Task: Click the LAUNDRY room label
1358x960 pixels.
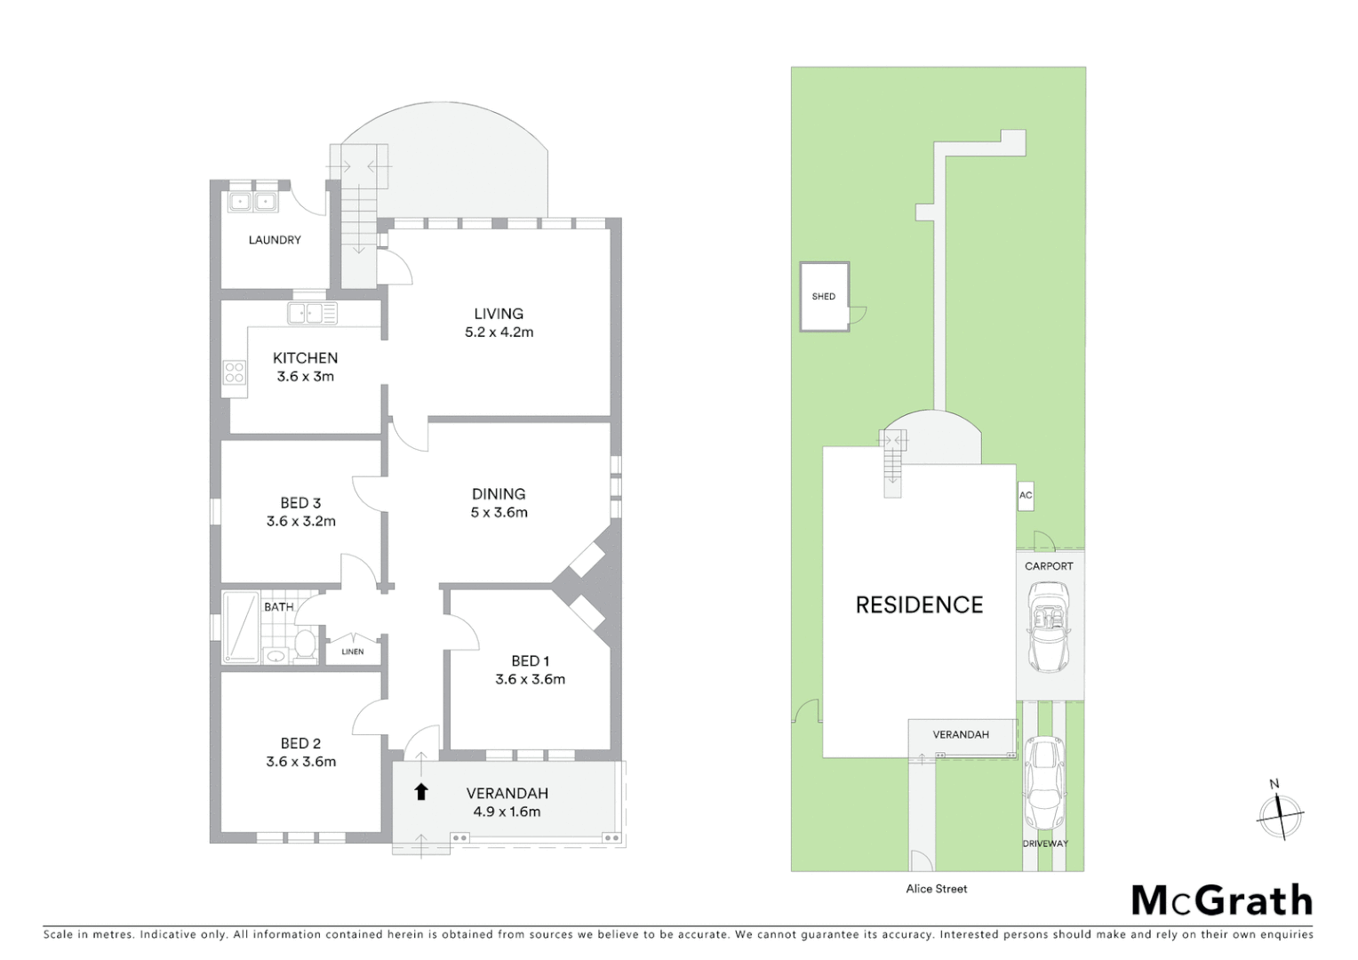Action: (x=275, y=240)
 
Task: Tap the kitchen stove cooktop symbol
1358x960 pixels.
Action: (x=234, y=372)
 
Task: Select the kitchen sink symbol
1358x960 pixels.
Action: (x=312, y=313)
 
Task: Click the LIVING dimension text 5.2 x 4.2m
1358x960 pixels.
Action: (x=499, y=332)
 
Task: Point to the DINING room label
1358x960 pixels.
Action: (x=499, y=493)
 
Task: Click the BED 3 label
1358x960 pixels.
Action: (x=300, y=503)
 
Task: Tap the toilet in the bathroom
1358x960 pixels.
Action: (x=305, y=644)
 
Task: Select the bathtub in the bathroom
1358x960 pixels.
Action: (x=240, y=627)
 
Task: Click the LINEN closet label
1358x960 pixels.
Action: (x=353, y=652)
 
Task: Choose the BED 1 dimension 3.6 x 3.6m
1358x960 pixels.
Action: (x=530, y=679)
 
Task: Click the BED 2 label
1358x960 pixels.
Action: (x=300, y=743)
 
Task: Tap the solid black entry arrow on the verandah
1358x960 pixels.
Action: (x=421, y=791)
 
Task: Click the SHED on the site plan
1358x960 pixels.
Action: (x=824, y=297)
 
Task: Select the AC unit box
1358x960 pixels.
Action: (x=1026, y=496)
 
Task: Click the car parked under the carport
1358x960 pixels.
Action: (x=1050, y=628)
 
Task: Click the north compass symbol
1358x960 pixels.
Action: (x=1280, y=813)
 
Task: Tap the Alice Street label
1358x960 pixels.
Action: (x=937, y=889)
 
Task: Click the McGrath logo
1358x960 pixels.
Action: (x=1222, y=900)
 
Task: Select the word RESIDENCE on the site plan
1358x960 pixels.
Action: (x=919, y=605)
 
